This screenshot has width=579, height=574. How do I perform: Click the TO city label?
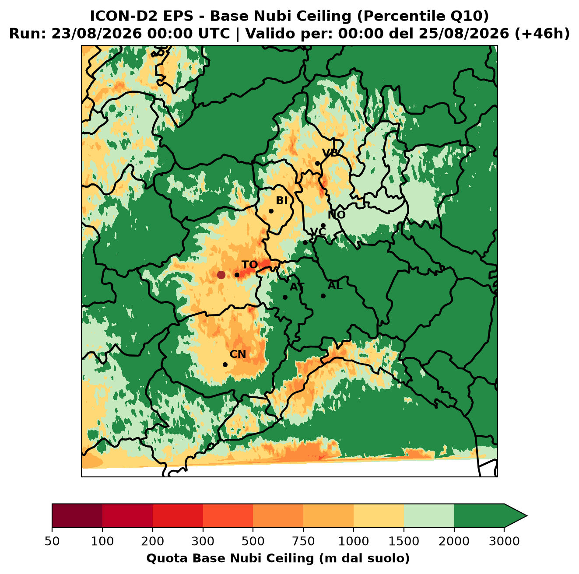[250, 265]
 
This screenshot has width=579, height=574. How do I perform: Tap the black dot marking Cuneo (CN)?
[225, 364]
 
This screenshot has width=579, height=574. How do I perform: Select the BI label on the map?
[282, 200]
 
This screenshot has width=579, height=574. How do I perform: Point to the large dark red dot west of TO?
[221, 275]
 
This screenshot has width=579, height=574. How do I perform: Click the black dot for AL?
[323, 296]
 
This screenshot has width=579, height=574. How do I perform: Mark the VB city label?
[330, 153]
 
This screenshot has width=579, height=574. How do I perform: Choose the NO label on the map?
[337, 215]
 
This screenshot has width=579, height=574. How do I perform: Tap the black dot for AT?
[285, 297]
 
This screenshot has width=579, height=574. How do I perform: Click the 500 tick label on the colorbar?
[253, 541]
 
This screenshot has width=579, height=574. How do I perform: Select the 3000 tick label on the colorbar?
[504, 541]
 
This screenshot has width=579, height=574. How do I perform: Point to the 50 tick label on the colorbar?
[52, 541]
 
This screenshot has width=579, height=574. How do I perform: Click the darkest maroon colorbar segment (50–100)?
[77, 516]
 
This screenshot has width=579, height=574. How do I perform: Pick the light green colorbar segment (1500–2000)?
[429, 516]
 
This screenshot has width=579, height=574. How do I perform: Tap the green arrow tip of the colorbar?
[526, 516]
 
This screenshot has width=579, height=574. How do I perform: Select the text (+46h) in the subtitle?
[542, 34]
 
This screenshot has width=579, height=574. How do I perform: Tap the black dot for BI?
[271, 211]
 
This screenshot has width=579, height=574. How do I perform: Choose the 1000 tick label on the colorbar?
[354, 541]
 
